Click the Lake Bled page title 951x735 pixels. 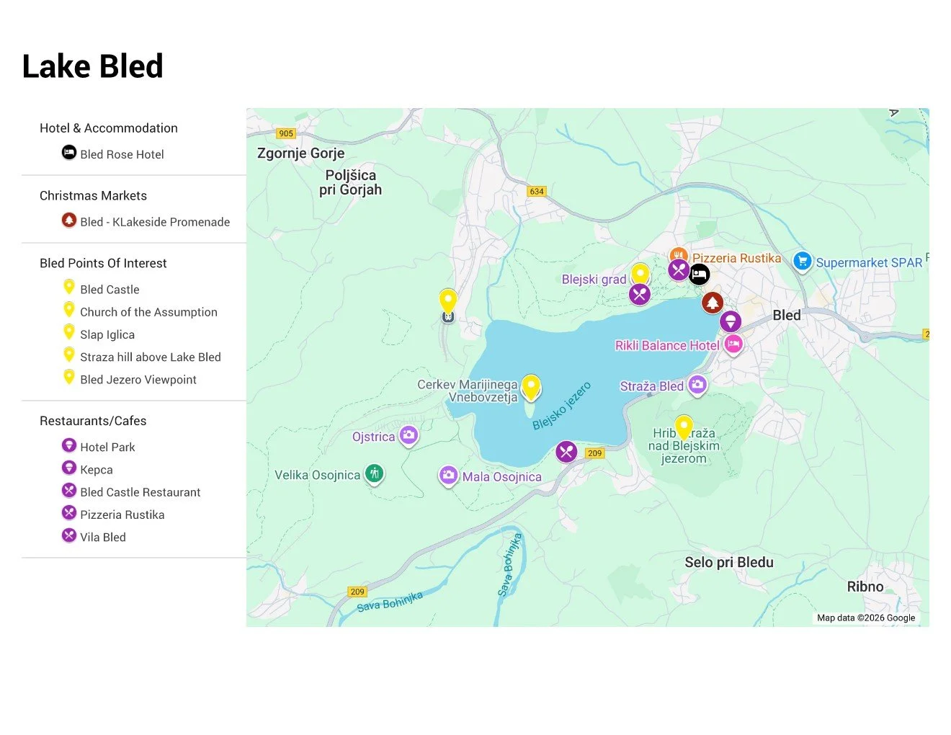pos(93,66)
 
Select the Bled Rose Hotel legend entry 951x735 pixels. pos(121,154)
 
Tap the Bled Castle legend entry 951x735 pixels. pos(110,289)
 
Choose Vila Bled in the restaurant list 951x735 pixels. pos(102,537)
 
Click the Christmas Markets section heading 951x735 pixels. pos(93,195)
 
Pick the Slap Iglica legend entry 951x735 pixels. pos(107,334)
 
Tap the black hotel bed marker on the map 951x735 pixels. pos(699,274)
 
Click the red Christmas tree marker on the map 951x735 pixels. pos(713,303)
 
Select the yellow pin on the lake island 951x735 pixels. pos(531,387)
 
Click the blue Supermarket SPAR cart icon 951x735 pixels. pos(802,261)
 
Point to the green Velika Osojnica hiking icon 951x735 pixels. pos(373,473)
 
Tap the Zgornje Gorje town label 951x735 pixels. pos(300,153)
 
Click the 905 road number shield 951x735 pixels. pos(286,133)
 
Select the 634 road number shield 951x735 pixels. pos(537,191)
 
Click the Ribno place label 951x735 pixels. pos(865,587)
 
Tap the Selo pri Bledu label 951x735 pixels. pos(728,562)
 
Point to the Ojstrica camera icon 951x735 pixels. pos(408,435)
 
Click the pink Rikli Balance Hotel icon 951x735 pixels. pos(733,344)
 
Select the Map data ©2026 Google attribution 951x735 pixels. pos(865,618)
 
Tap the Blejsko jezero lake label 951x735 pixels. pos(562,406)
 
